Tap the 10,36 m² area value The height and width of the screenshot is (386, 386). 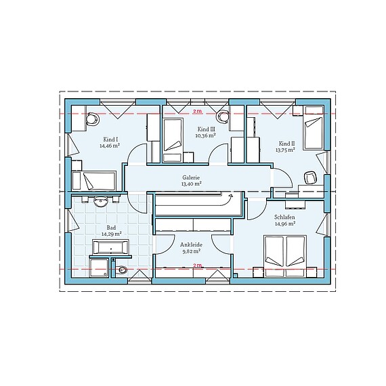pos(206,135)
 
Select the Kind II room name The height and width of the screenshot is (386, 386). pos(286,143)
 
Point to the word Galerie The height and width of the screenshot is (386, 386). pos(191,177)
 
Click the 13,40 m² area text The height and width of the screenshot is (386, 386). pos(191,184)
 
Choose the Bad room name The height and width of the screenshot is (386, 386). pos(110,228)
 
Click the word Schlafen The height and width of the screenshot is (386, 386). pos(284,217)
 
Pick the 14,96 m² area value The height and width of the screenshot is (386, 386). pos(284,224)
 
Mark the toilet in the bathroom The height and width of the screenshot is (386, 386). pos(121,271)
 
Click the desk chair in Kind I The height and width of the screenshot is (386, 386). pos(91,119)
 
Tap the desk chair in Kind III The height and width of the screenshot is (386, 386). pos(225,116)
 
